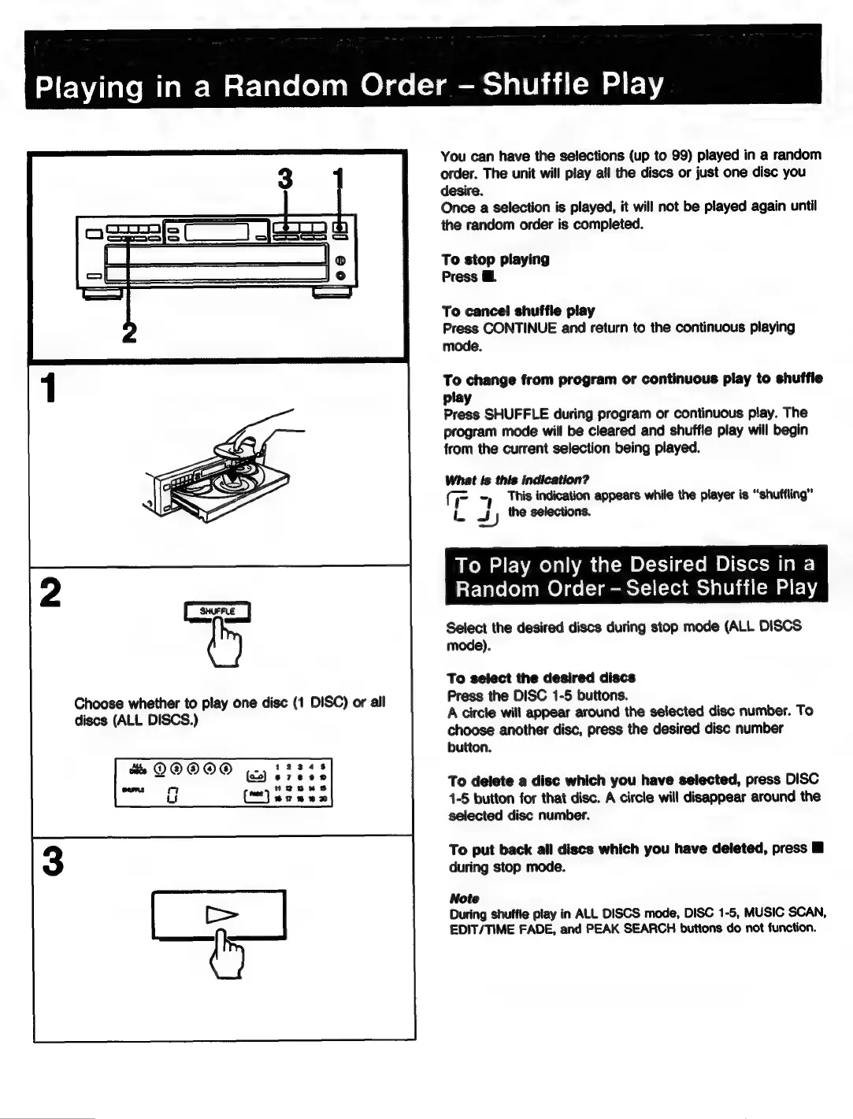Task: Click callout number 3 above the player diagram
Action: tap(285, 180)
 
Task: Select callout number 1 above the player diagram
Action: tap(339, 180)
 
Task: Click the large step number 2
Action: tap(51, 593)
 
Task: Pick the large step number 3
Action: tap(52, 861)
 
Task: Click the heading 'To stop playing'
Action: tap(495, 259)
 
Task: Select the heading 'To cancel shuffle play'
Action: tap(518, 310)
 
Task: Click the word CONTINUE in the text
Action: tap(521, 328)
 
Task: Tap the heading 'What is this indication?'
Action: tap(517, 480)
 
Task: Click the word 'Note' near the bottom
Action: tap(464, 899)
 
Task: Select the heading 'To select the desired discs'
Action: tap(541, 678)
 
